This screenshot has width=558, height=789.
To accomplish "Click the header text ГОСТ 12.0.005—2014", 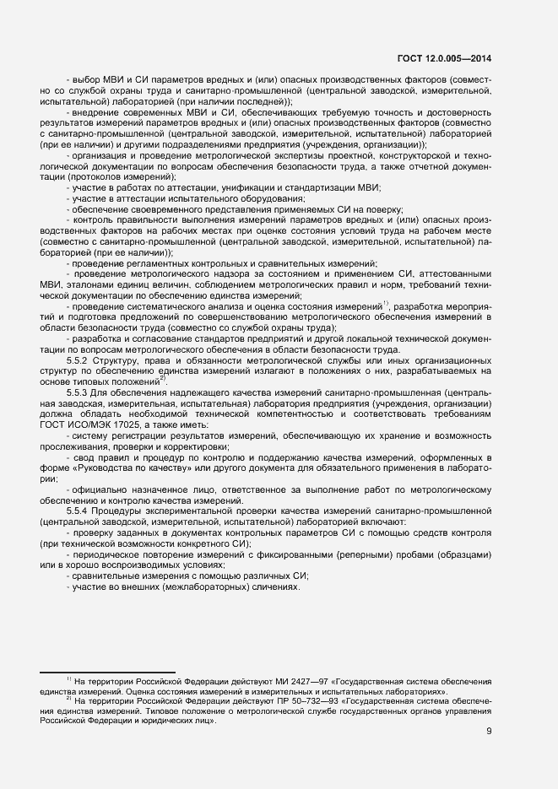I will pyautogui.click(x=444, y=59).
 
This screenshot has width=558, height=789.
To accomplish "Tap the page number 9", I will pyautogui.click(x=489, y=732).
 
